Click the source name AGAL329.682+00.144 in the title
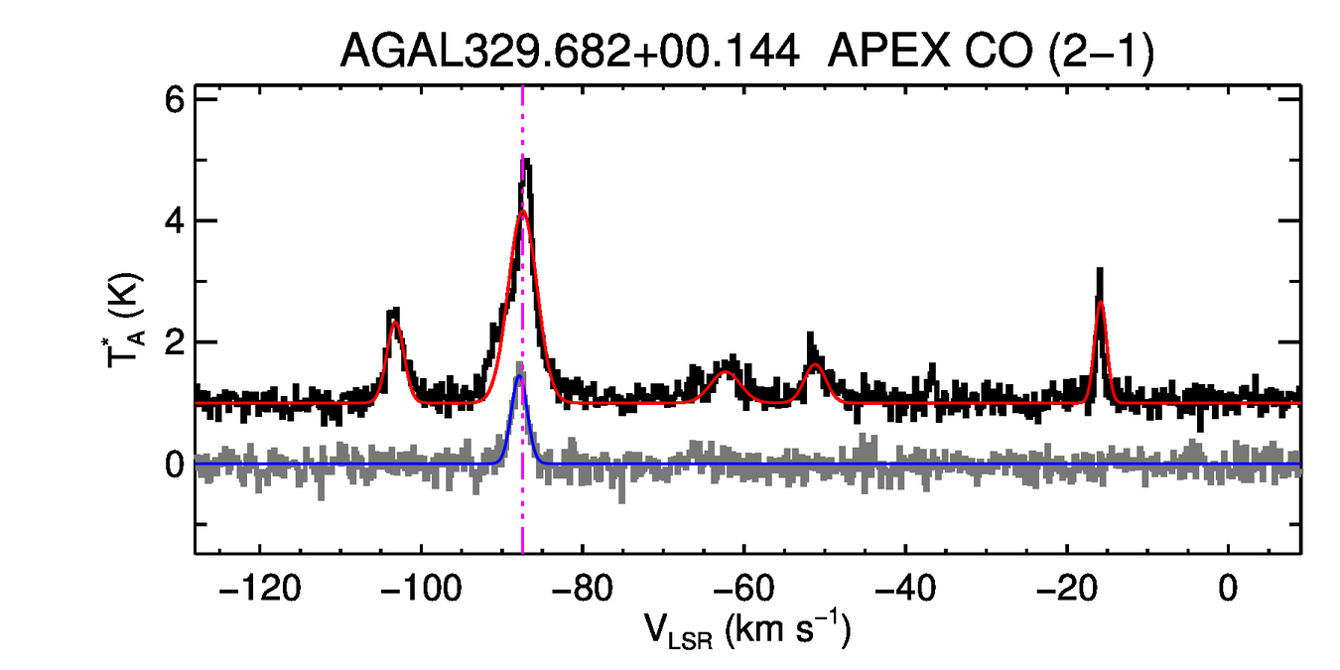click(x=570, y=51)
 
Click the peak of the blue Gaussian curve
click(x=519, y=376)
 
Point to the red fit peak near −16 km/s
click(x=1100, y=303)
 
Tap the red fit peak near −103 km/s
click(x=395, y=323)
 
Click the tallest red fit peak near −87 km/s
click(x=523, y=210)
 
